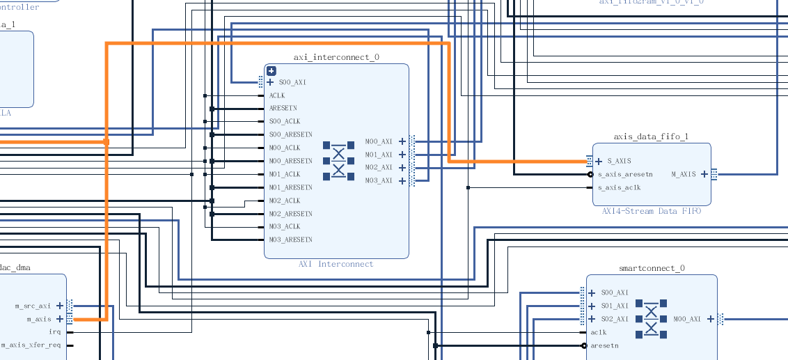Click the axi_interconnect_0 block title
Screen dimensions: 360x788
tap(336, 57)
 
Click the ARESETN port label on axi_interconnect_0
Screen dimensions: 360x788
tap(283, 109)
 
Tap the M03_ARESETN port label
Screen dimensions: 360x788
tap(290, 240)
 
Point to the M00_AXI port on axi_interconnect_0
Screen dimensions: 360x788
tap(379, 141)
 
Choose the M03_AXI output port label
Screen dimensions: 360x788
tap(379, 181)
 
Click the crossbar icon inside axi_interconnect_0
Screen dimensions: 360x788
tap(338, 161)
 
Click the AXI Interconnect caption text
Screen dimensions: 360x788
tap(336, 264)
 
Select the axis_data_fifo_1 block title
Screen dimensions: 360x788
tap(651, 136)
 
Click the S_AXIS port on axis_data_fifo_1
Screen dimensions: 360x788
tap(618, 162)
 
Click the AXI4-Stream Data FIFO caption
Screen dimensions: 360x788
tap(652, 211)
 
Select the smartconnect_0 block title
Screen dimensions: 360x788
tap(652, 268)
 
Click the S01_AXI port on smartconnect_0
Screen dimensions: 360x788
tap(615, 306)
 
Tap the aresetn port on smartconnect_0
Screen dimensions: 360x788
tap(604, 345)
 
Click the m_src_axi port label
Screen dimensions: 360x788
tap(33, 306)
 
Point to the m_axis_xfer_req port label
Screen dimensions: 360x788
tap(31, 345)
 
